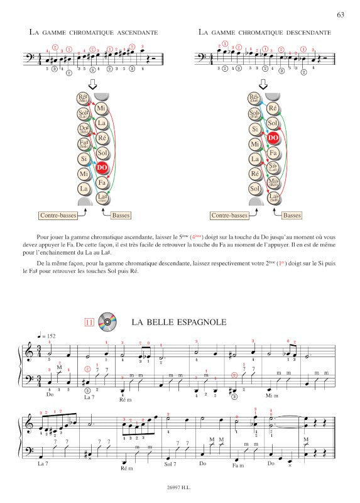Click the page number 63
point(341,14)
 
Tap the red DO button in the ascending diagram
point(102,168)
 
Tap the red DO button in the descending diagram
point(273,138)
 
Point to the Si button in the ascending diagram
point(84,159)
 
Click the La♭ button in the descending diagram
point(273,198)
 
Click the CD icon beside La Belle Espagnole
point(109,323)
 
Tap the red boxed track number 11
point(89,323)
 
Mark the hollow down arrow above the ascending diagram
point(92,85)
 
